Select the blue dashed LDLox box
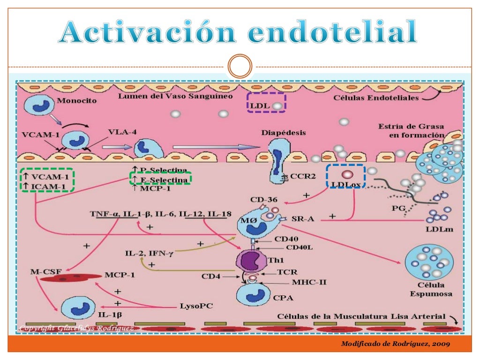pyautogui.click(x=346, y=177)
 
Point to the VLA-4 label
pyautogui.click(x=122, y=132)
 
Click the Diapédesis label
pyautogui.click(x=283, y=133)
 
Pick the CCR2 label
pyautogui.click(x=294, y=178)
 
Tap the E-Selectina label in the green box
pyautogui.click(x=161, y=179)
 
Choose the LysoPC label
pyautogui.click(x=196, y=306)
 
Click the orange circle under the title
pyautogui.click(x=240, y=67)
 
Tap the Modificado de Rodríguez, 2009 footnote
pyautogui.click(x=396, y=344)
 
